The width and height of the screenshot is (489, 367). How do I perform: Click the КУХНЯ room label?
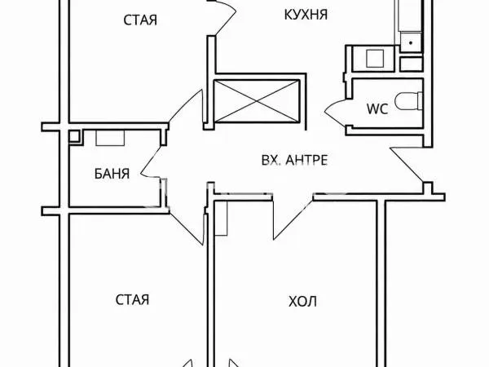pyautogui.click(x=306, y=15)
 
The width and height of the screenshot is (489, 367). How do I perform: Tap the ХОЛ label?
pyautogui.click(x=303, y=302)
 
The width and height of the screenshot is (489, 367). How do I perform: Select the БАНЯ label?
pyautogui.click(x=112, y=174)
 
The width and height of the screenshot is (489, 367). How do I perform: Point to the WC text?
pyautogui.click(x=377, y=109)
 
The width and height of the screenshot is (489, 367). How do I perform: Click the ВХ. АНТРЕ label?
pyautogui.click(x=294, y=160)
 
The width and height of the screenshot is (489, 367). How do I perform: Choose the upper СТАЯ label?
pyautogui.click(x=140, y=20)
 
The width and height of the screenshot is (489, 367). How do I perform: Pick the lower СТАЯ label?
pyautogui.click(x=132, y=299)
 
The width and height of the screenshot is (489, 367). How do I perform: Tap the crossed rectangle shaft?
pyautogui.click(x=257, y=101)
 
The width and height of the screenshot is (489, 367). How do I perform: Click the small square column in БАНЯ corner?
pyautogui.click(x=74, y=136)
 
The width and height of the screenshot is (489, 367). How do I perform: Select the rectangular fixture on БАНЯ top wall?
pyautogui.click(x=110, y=138)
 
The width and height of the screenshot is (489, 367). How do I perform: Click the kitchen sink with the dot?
pyautogui.click(x=411, y=42)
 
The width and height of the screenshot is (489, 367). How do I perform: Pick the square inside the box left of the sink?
pyautogui.click(x=375, y=59)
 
